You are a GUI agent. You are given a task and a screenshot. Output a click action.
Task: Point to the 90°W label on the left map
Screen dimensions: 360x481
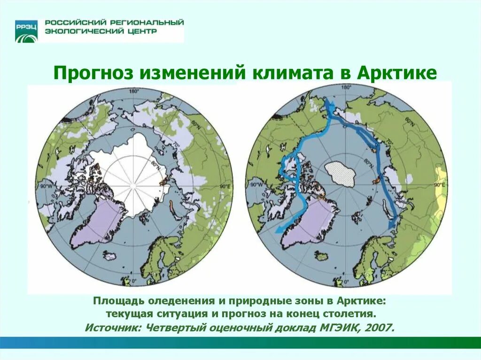tap(45, 186)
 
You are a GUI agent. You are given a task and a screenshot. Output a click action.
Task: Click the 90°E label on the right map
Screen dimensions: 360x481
tap(440, 185)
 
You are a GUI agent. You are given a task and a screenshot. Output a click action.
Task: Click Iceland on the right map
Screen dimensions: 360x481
tap(322, 256)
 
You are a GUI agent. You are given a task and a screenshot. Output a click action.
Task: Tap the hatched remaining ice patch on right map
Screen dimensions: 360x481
tap(342, 174)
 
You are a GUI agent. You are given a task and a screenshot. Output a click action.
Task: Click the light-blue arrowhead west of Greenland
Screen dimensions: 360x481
tap(279, 230)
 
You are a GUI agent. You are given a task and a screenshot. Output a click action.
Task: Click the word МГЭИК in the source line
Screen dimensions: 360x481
tap(337, 328)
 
